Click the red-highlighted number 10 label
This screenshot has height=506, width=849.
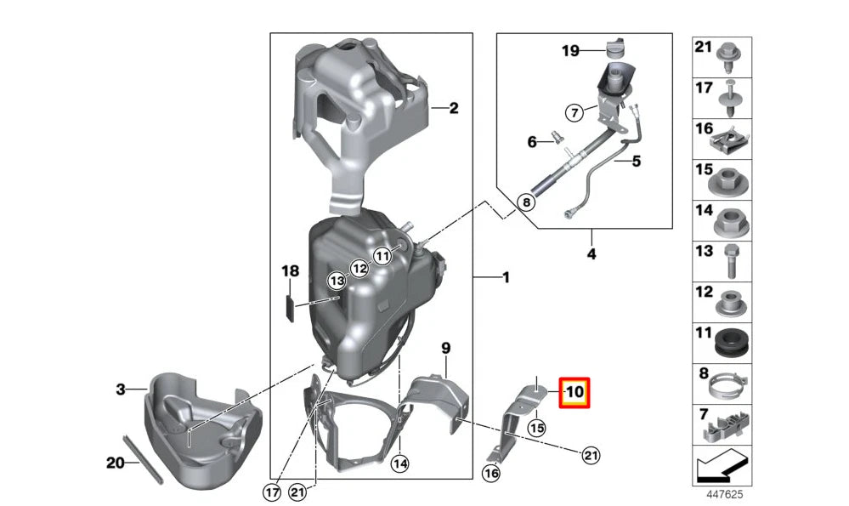(x=574, y=393)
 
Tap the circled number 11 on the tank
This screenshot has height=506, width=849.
(x=382, y=255)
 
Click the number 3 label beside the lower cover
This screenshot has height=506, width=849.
(x=121, y=389)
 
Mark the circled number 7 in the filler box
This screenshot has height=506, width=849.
(x=574, y=111)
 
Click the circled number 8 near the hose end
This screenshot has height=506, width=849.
(x=527, y=203)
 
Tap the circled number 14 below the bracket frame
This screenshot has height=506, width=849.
(x=400, y=463)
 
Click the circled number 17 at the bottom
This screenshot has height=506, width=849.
(x=271, y=491)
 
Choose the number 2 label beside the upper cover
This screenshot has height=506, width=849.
(x=453, y=108)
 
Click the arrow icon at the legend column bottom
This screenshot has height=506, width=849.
(x=721, y=467)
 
